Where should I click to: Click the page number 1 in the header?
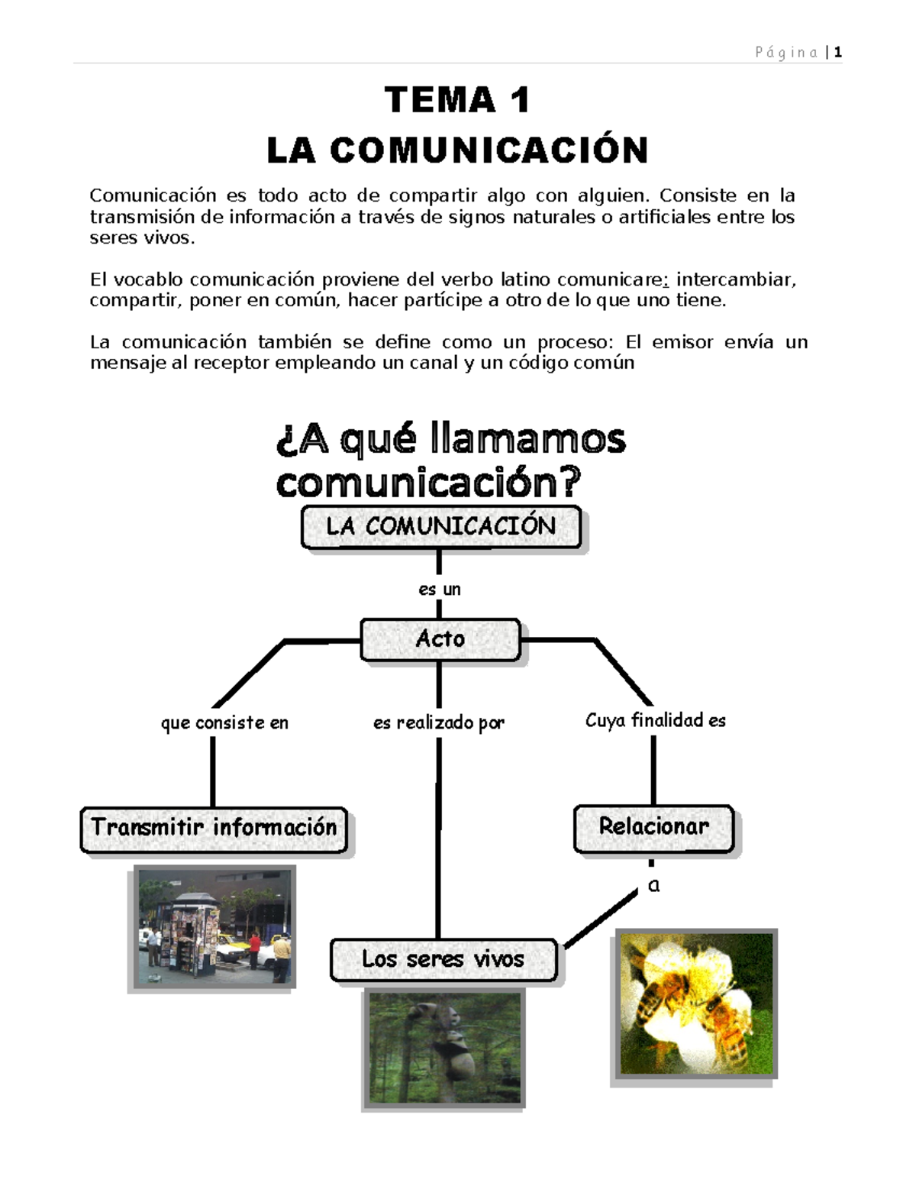click(x=837, y=53)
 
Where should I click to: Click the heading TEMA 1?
click(x=457, y=100)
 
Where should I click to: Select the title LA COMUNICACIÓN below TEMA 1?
click(x=457, y=150)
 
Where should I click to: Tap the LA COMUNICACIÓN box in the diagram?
click(x=440, y=526)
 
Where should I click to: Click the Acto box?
click(x=440, y=639)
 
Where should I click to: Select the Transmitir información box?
click(x=214, y=829)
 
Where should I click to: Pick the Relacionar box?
click(x=653, y=827)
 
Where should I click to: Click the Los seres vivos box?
click(x=443, y=959)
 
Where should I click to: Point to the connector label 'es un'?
click(x=440, y=590)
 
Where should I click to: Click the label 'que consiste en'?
click(x=224, y=722)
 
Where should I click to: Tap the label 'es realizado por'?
click(x=439, y=722)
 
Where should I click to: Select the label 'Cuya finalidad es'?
click(x=655, y=720)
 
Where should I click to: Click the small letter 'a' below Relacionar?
click(x=653, y=886)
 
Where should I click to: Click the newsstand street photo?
click(x=212, y=927)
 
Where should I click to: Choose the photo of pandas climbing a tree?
click(x=445, y=1047)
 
